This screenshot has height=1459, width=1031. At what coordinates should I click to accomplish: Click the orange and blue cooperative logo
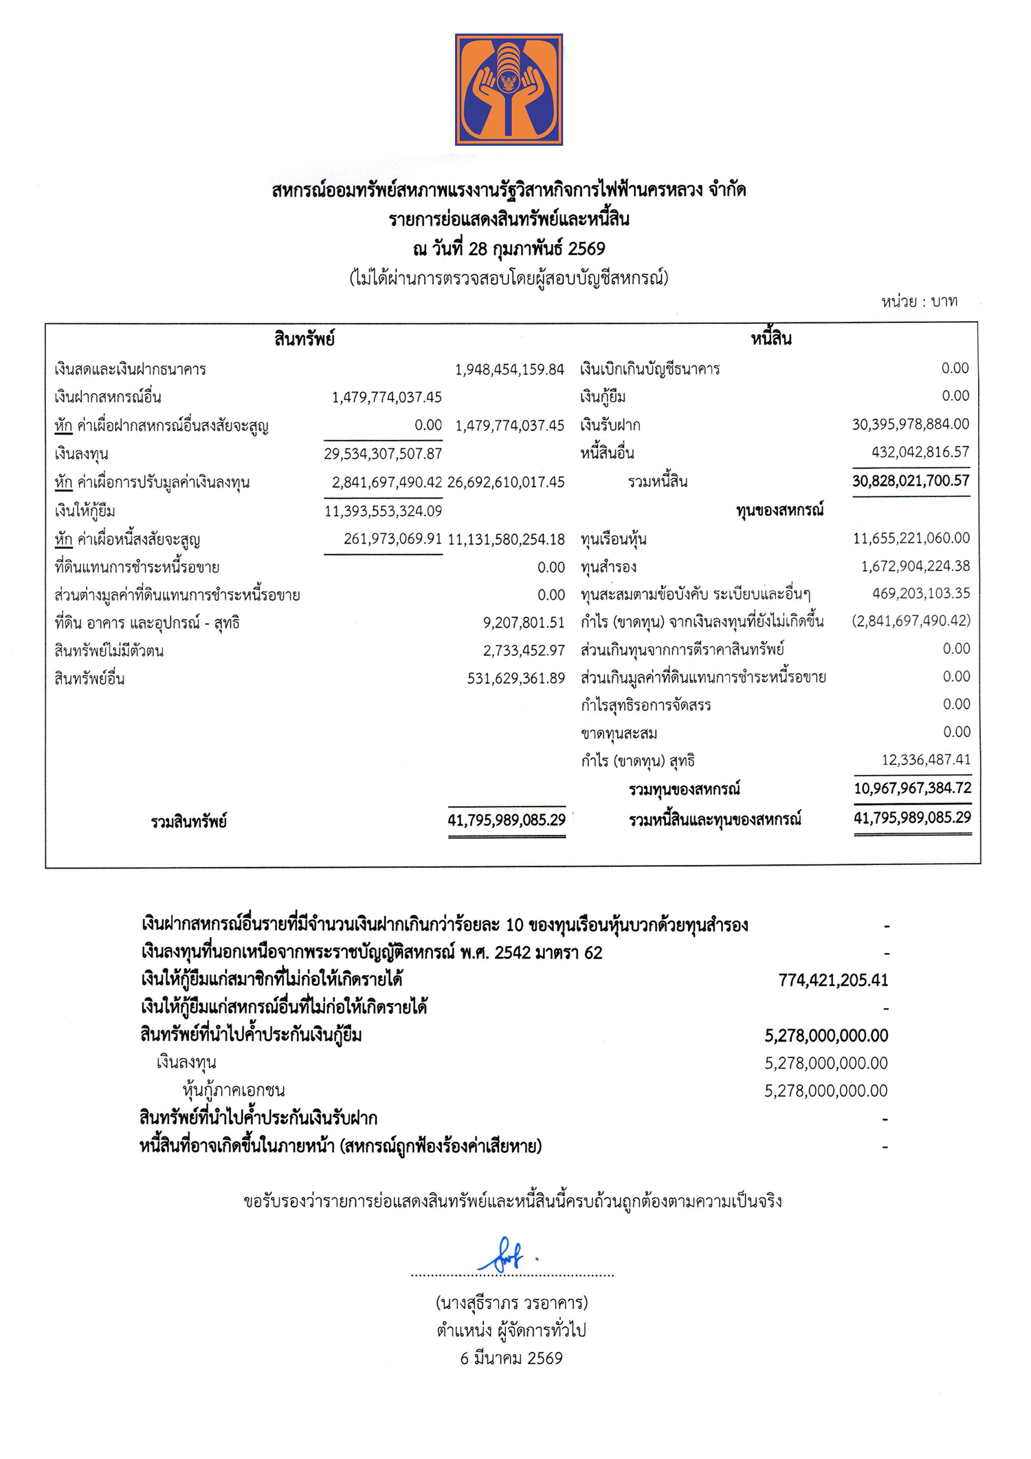click(x=509, y=89)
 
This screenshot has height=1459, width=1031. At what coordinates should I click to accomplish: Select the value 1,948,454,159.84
click(x=509, y=370)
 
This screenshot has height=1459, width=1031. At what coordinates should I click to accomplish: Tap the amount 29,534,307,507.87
click(x=383, y=454)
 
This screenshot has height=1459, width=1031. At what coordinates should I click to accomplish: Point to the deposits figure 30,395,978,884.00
click(x=910, y=424)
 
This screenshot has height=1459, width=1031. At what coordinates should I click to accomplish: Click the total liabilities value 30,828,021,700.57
click(x=910, y=481)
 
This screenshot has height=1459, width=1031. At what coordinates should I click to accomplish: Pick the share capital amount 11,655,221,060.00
click(x=911, y=538)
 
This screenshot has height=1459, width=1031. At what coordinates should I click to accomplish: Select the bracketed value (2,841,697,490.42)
click(x=911, y=621)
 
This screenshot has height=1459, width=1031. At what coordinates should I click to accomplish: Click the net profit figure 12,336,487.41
click(x=926, y=760)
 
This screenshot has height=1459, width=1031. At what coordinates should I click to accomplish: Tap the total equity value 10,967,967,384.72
click(x=912, y=788)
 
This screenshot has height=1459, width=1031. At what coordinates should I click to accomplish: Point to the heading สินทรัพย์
click(x=304, y=339)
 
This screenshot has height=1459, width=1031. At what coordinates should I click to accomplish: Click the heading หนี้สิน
click(x=771, y=339)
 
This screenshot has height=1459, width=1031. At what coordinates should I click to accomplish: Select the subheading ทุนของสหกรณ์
click(x=779, y=510)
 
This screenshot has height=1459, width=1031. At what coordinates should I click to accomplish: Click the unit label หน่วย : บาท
click(x=919, y=301)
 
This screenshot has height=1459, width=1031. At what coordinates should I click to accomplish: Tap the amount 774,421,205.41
click(x=833, y=980)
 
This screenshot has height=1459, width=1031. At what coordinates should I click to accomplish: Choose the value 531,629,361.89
click(x=515, y=679)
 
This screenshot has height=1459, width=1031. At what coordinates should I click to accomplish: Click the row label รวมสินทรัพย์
click(x=189, y=821)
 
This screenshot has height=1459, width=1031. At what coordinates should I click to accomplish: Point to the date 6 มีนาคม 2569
click(x=511, y=1358)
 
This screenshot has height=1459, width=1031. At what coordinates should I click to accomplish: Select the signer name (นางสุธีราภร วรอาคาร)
click(x=511, y=1303)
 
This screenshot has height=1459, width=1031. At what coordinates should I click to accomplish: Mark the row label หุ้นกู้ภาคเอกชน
click(x=234, y=1090)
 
